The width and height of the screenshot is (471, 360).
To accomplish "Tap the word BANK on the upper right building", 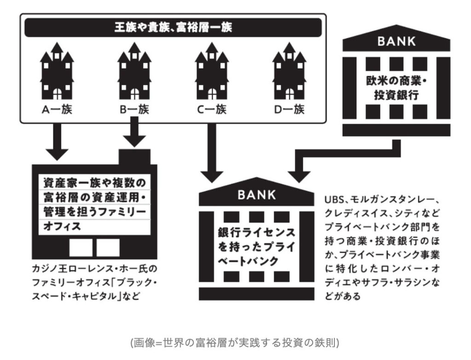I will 396,42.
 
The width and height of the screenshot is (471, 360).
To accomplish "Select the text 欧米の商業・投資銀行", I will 396,87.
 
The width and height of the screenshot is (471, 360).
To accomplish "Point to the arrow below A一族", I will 57,143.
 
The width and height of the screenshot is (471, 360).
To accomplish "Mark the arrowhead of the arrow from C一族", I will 212,175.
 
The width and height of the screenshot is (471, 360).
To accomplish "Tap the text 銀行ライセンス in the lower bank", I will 257,232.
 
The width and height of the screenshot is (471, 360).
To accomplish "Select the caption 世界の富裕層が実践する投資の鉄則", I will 235,343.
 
